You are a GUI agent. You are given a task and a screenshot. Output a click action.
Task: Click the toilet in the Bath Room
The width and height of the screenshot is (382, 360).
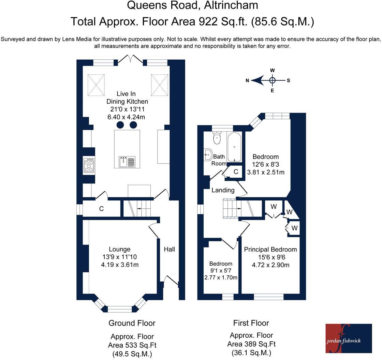click(x=217, y=138)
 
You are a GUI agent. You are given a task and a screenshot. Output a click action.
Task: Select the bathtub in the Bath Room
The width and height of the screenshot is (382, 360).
click(x=234, y=147)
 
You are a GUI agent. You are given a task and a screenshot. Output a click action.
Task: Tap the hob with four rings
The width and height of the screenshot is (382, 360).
click(x=89, y=165)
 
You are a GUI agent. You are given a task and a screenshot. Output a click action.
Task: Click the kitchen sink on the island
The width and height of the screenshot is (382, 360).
click(x=127, y=162)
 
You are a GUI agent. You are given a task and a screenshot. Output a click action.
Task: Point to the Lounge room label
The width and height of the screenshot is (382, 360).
click(x=120, y=249)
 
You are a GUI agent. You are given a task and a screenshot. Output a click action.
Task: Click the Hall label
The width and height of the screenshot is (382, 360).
click(x=169, y=249)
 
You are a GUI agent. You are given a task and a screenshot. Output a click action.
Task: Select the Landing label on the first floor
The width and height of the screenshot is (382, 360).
click(x=223, y=190)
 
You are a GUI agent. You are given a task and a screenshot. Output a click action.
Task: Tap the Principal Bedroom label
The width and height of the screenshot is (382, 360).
click(x=270, y=250)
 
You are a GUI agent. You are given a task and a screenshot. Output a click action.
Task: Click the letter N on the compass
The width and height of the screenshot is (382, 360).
click(x=247, y=80)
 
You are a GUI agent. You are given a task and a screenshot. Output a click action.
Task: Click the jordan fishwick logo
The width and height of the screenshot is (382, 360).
click(x=349, y=338)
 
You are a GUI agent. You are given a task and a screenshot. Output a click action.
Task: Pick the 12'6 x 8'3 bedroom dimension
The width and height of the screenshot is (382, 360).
click(x=266, y=164)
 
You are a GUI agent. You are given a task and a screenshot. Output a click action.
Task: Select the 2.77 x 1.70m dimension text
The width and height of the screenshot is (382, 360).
click(x=221, y=277)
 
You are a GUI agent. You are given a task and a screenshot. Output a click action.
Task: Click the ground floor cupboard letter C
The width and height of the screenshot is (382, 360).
click(x=102, y=209)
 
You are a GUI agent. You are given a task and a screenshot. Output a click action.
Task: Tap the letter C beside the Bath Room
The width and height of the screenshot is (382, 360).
click(x=236, y=172)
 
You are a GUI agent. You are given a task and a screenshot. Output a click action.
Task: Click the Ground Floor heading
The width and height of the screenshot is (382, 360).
click(x=132, y=323)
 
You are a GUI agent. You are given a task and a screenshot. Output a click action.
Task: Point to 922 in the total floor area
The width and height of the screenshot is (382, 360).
click(x=208, y=21)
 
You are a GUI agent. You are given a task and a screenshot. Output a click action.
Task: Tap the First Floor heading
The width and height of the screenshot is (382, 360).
click(x=251, y=323)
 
